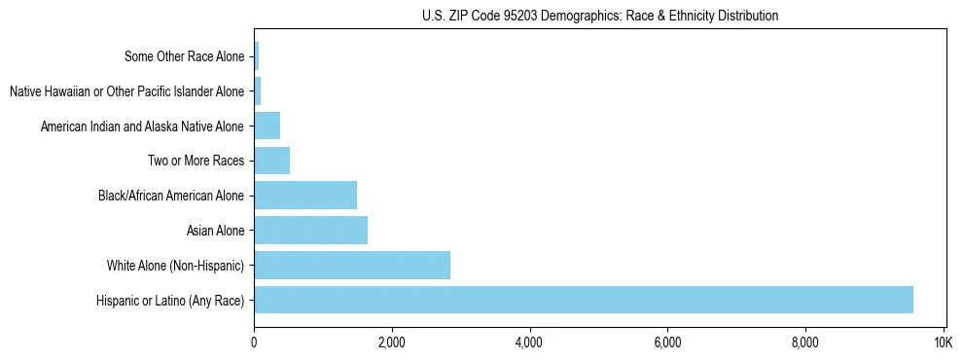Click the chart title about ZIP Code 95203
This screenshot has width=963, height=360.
[x=600, y=16]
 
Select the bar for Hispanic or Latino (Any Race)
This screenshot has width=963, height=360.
[x=584, y=300]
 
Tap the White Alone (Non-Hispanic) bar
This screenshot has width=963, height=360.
[x=352, y=265]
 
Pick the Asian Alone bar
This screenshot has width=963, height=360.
[x=310, y=231]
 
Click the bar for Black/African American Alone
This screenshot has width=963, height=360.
[x=305, y=196]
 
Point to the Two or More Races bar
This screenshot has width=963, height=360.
[x=271, y=161]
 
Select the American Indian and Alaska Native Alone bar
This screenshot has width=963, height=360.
[x=267, y=126]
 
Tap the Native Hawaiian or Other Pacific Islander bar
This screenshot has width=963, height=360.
[x=257, y=91]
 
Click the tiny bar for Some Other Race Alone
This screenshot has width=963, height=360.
[x=256, y=56]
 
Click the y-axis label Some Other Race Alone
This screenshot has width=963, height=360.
[x=185, y=56]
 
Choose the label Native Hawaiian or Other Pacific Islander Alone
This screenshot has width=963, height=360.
[x=126, y=91]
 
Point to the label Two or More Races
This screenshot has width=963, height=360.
[x=196, y=161]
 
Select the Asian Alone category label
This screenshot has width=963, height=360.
[x=215, y=231]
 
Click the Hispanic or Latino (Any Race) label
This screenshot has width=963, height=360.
[x=170, y=300]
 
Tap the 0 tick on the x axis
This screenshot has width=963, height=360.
[x=254, y=343]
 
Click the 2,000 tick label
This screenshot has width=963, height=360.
[x=391, y=343]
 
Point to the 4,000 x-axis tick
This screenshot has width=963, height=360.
[x=529, y=343]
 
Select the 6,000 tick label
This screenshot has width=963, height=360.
[x=667, y=343]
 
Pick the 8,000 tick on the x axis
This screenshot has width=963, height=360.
[x=804, y=343]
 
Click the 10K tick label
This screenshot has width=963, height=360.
[x=943, y=343]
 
